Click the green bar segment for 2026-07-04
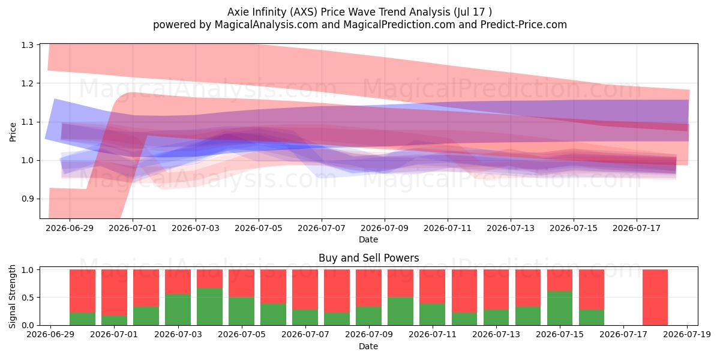pos(209,307)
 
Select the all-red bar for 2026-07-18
pos(655,298)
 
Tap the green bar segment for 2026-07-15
pos(560,308)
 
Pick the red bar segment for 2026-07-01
pos(114,293)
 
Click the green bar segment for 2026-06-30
pos(82,319)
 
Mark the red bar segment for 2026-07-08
pos(337,291)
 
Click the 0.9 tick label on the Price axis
pos(28,199)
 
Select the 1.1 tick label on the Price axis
pos(28,122)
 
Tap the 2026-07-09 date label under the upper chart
pos(385,228)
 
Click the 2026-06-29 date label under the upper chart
pos(70,228)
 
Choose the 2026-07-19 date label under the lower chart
pos(687,335)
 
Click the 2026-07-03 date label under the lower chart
pos(178,335)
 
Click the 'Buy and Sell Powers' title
pos(368,258)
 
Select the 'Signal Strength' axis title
pos(12,296)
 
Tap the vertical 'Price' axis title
pos(13,132)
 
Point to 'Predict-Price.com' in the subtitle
pos(524,25)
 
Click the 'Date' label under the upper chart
pos(368,239)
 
